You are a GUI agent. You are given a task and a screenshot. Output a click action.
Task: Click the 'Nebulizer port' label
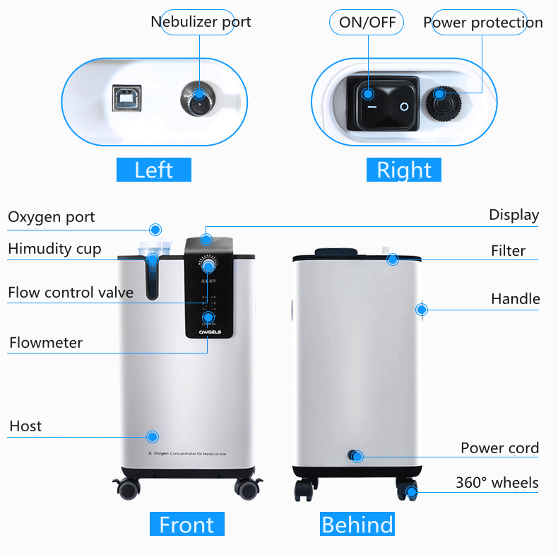[x=201, y=22]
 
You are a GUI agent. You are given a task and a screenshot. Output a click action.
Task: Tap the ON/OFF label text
[x=367, y=23]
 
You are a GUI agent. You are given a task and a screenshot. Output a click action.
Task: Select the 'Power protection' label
[x=482, y=23]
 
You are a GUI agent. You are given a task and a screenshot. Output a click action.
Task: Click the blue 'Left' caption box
[x=153, y=170]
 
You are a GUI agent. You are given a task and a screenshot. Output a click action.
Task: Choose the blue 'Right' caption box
[x=403, y=170]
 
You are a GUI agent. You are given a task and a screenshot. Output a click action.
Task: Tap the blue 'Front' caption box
[x=186, y=525]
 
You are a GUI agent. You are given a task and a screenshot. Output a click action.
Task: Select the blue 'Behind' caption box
[x=357, y=525]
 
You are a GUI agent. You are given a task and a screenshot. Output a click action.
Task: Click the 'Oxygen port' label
[x=51, y=217]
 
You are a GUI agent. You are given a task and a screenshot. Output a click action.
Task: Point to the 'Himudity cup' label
[x=54, y=249]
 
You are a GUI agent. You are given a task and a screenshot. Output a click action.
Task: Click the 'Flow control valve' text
[x=71, y=292]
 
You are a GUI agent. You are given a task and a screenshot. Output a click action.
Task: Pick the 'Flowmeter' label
[x=46, y=343]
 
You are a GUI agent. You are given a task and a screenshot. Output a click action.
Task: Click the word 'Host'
[x=25, y=426]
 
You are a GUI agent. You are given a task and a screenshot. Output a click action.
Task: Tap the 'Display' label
[x=514, y=215]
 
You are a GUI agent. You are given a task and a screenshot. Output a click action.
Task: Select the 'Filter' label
[x=508, y=250]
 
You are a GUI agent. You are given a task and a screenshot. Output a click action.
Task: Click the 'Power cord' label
[x=499, y=448]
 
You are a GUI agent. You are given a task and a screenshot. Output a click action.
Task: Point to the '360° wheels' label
[x=497, y=483]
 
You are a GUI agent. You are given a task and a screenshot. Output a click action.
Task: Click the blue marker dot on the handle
[x=422, y=309]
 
